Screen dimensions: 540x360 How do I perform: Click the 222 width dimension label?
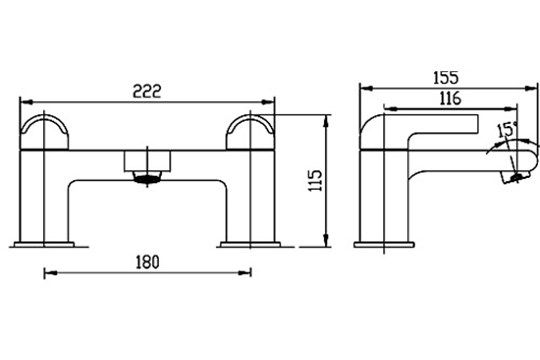tap(147, 91)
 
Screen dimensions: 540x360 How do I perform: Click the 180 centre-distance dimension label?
tap(147, 262)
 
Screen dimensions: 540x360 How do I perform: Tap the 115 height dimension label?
tap(315, 180)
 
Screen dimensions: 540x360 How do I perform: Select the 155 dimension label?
tap(446, 78)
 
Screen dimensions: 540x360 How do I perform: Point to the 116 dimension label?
tap(450, 99)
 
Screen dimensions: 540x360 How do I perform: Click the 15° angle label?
tap(507, 130)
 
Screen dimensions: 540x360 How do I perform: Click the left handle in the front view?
tap(44, 132)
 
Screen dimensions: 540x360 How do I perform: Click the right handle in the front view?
tap(250, 132)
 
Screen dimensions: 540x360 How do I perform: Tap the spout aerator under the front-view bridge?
tap(147, 177)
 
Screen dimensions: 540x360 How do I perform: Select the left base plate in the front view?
tap(44, 245)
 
